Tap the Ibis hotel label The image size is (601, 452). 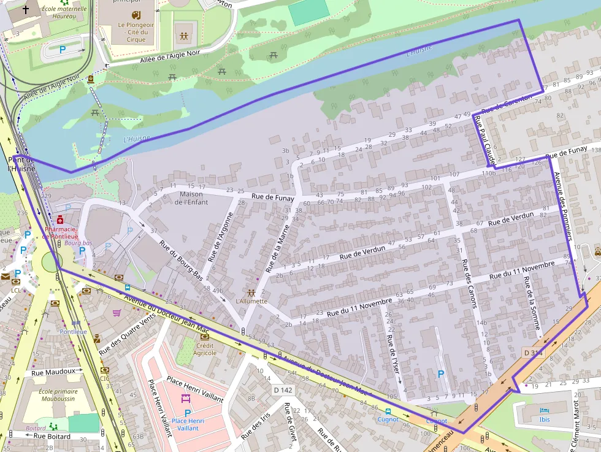[545, 419]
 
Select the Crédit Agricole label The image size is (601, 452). [205, 349]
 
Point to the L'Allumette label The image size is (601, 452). [251, 301]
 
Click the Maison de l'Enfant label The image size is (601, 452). [191, 198]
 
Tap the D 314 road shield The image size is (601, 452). [534, 353]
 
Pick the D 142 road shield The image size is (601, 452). [283, 389]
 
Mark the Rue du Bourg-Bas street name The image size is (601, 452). [181, 261]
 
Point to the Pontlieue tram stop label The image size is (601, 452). [73, 331]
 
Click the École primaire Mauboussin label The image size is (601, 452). [58, 396]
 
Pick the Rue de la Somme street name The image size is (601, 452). [531, 305]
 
